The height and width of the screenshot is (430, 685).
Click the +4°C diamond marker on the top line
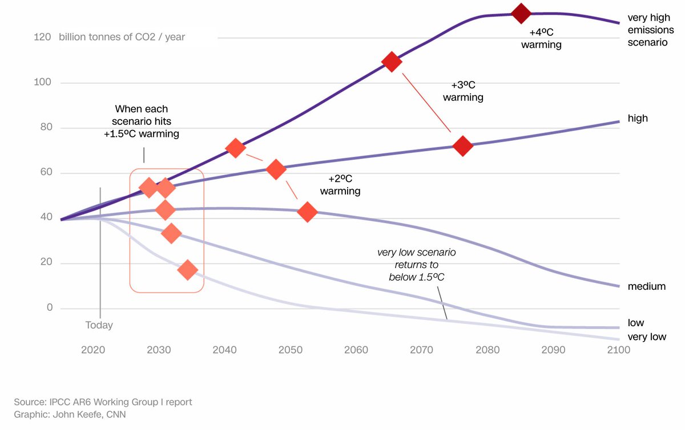coord(521,13)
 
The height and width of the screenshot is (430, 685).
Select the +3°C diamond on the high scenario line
coord(462,147)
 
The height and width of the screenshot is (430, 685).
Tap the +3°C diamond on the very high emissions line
coord(392,62)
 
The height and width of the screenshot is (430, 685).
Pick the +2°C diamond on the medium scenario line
coord(307,212)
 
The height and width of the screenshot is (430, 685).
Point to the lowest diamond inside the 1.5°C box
coord(188,270)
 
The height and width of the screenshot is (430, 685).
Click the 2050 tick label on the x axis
coord(290,350)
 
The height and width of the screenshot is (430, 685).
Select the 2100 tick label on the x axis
coord(618,350)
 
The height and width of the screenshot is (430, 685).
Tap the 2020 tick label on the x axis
coord(93,350)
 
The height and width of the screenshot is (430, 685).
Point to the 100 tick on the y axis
coord(42,83)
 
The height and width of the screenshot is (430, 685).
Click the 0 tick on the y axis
coord(50,308)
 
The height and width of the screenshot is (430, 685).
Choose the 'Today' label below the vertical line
coord(99,325)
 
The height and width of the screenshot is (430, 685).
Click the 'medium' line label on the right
coord(646,286)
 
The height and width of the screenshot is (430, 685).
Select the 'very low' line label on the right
coord(647,336)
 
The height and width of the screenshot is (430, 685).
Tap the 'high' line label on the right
coord(638,118)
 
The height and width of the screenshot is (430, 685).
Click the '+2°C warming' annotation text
coord(340,185)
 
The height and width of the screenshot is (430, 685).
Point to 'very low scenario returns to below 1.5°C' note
coord(417,265)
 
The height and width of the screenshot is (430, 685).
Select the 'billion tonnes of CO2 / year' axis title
coord(122,37)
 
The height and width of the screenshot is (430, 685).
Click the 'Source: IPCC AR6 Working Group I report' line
coord(103,402)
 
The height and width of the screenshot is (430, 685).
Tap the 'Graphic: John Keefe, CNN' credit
coord(70,415)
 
